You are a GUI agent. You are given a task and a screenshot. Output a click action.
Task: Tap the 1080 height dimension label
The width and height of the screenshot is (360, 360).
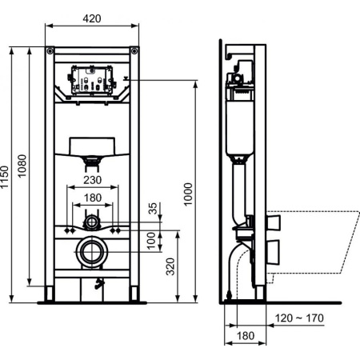(23, 166)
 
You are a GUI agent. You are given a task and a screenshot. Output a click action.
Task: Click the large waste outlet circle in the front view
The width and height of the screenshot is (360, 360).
(93, 251)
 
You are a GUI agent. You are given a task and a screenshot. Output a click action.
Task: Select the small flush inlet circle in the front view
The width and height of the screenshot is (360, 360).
(93, 221)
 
